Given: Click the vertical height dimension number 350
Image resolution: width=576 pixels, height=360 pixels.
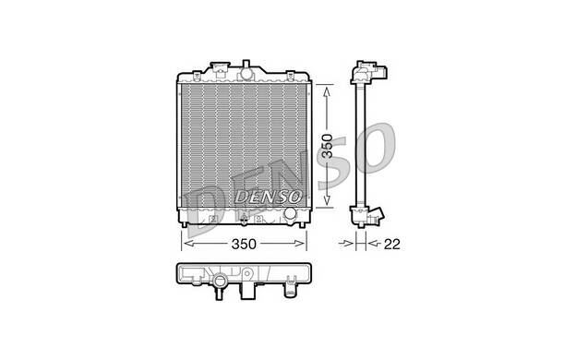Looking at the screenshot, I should point(327,149).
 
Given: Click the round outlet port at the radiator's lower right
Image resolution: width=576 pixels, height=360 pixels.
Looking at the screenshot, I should point(291,216).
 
